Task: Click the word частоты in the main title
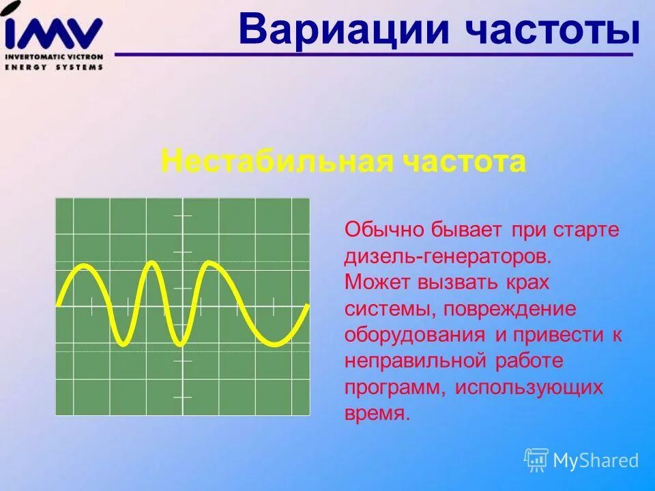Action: pos(544,30)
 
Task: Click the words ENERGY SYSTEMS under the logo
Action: pos(54,67)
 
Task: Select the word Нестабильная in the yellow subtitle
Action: pos(276,162)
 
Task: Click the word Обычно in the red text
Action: pos(383,229)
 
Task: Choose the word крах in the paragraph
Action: pos(527,282)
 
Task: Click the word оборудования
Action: pos(415,335)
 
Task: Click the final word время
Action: pos(377,413)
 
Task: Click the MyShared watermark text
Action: pos(596,460)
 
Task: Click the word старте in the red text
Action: pos(587,229)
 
